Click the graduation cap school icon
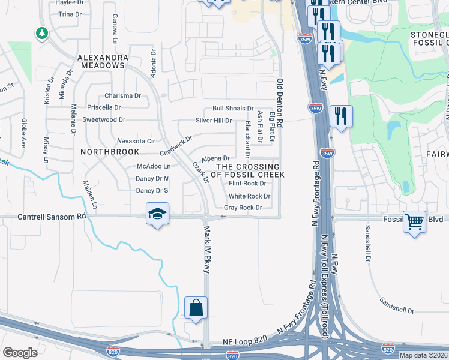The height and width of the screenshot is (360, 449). [x=157, y=214]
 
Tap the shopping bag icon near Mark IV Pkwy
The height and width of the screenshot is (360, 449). [x=196, y=308]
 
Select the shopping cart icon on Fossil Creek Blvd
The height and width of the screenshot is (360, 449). [x=414, y=221]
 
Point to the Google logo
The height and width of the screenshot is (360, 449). [x=20, y=353]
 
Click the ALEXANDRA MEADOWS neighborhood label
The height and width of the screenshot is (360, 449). [x=103, y=58]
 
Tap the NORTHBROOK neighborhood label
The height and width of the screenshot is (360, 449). [x=105, y=152]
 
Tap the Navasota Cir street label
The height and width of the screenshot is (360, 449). [x=136, y=140]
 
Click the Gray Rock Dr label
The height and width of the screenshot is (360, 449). [x=243, y=208]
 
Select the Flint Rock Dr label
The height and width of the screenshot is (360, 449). [x=247, y=184]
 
